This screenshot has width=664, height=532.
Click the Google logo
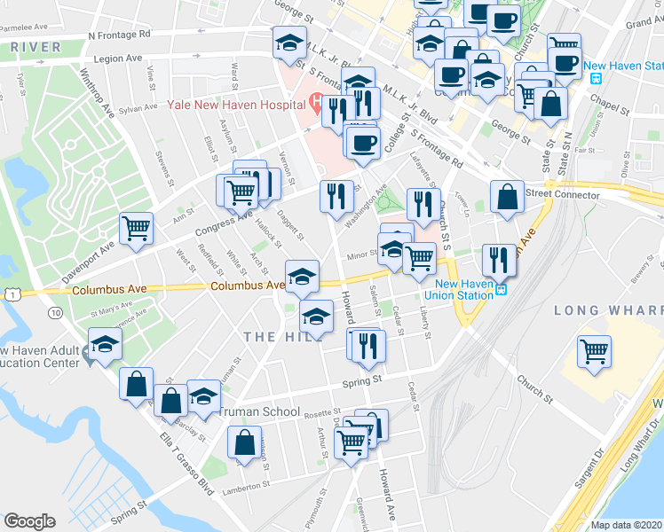[x=30, y=521]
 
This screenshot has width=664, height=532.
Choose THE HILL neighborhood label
[x=273, y=337]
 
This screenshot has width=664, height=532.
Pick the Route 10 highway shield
[x=56, y=313]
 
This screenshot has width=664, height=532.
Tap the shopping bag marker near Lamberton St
[x=244, y=442]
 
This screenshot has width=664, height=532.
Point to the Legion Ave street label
[x=115, y=59]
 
